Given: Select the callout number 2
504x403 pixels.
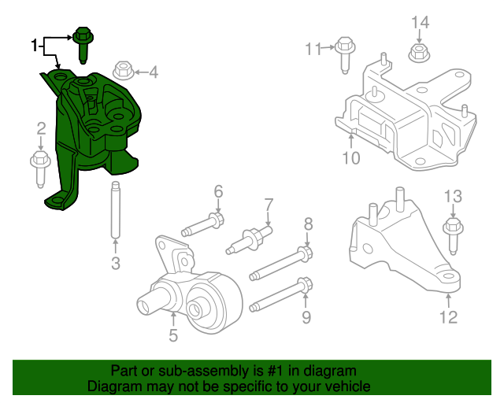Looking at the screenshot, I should coord(39,128).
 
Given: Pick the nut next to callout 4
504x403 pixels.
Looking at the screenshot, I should coord(124,71).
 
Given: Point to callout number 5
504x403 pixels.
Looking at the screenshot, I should coord(173,336).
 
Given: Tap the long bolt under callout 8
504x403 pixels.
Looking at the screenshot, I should coord(280,264).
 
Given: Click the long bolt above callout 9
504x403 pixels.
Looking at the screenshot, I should coord(280,294).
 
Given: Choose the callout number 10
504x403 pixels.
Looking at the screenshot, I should coord(350,158).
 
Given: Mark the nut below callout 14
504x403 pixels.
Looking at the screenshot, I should coord(419,54).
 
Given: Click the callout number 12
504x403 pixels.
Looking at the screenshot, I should coord(447,317).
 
